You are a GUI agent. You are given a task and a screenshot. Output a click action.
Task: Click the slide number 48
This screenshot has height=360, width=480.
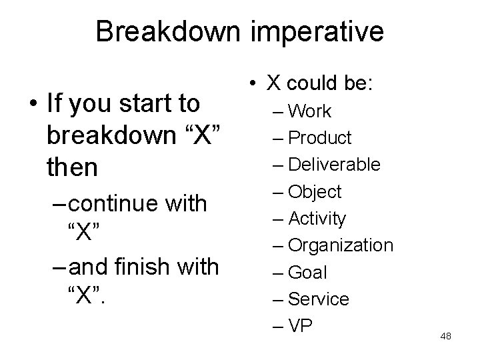click(446, 337)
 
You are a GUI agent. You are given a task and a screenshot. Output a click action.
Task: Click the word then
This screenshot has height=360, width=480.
click(72, 167)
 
